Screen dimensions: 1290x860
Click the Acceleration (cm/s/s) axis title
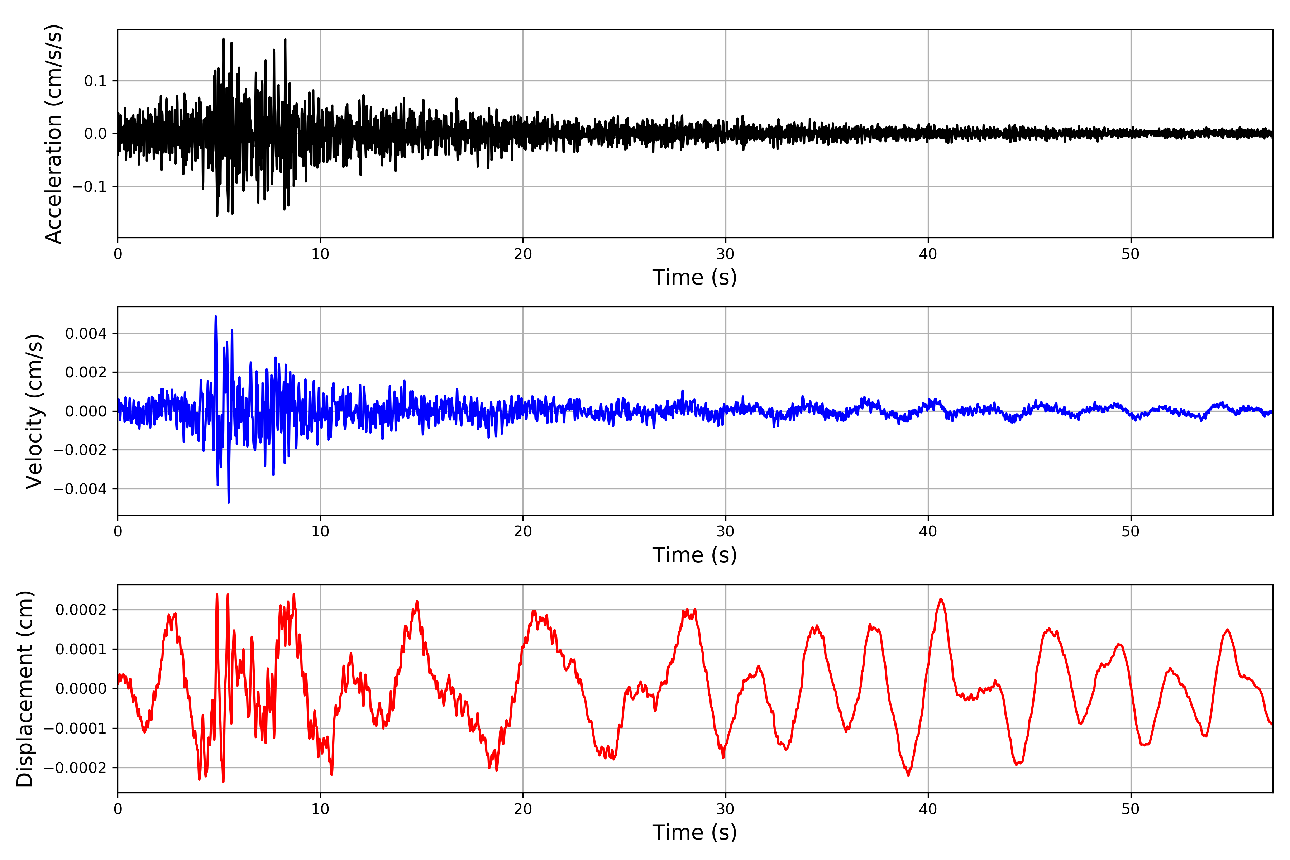54,134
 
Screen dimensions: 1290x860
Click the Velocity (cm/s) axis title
34,411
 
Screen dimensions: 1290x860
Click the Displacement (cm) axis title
25,689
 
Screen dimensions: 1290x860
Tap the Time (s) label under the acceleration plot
694,277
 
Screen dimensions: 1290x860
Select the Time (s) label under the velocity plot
694,555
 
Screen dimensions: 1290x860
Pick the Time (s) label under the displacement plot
694,832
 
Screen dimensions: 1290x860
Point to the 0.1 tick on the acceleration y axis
95,81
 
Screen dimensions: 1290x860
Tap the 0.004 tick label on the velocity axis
86,334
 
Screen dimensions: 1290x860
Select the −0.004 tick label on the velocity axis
80,489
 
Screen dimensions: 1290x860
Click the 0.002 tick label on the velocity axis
86,372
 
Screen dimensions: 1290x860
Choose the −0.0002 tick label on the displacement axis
75,768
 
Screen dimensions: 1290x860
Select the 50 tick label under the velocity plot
1131,532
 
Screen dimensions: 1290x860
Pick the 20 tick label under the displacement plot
523,809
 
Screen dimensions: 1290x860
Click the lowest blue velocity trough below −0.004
229,502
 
